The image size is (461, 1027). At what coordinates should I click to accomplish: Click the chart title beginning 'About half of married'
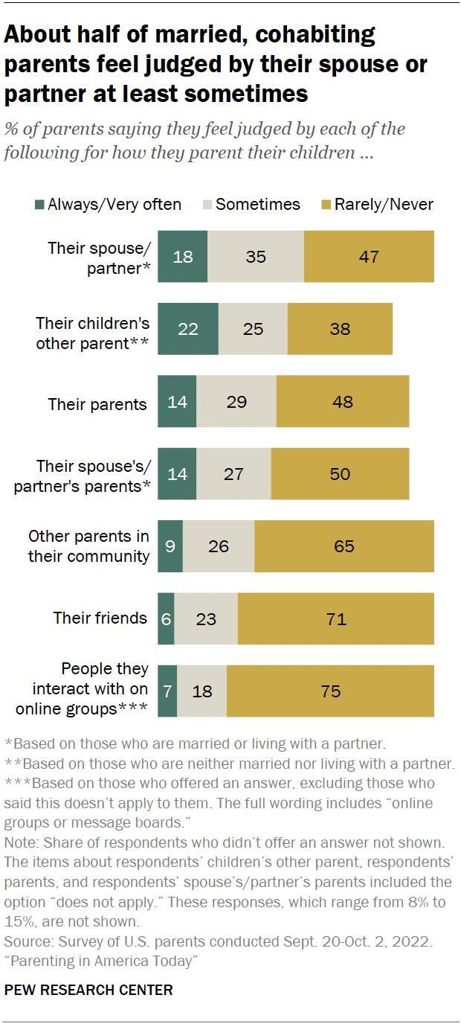[x=216, y=65]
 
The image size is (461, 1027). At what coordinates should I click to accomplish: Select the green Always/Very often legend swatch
[x=40, y=205]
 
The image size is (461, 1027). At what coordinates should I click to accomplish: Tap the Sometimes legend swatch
[x=208, y=205]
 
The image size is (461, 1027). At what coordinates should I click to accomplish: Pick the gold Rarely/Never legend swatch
[x=326, y=205]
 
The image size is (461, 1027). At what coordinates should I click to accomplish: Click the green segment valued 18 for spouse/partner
[x=183, y=257]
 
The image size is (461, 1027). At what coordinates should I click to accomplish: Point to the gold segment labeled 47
[x=369, y=257]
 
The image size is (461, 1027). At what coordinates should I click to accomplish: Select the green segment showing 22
[x=188, y=329]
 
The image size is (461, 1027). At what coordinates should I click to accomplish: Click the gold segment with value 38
[x=340, y=329]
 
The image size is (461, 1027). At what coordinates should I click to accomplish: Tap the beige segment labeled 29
[x=236, y=402]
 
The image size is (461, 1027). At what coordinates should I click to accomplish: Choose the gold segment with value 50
[x=340, y=474]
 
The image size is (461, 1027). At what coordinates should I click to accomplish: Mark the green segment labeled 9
[x=170, y=546]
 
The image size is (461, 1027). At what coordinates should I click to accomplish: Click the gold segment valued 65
[x=344, y=546]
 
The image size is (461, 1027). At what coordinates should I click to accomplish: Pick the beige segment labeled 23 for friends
[x=206, y=618]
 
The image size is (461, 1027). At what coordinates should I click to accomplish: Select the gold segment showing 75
[x=330, y=691]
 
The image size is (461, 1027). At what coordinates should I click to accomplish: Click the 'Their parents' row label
[x=97, y=404]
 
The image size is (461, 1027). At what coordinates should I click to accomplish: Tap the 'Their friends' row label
[x=100, y=618]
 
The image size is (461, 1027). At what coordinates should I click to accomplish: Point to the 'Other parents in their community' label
[x=88, y=546]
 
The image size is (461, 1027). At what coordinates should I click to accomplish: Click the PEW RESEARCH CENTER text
[x=88, y=990]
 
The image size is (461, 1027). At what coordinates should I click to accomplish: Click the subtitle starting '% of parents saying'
[x=204, y=141]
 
